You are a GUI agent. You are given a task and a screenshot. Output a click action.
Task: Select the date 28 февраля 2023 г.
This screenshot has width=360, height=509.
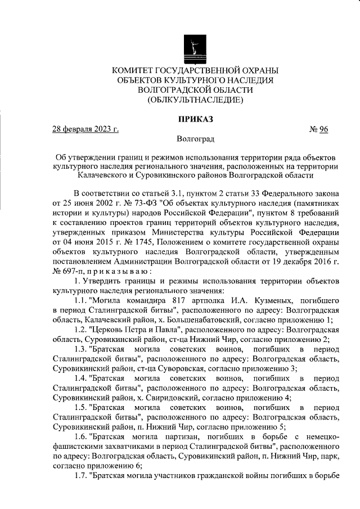[x=85, y=129]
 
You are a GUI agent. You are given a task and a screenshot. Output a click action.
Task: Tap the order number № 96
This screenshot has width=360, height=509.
[x=318, y=129]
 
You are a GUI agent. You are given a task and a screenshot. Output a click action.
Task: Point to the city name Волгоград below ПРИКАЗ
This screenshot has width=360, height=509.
[x=195, y=138]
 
